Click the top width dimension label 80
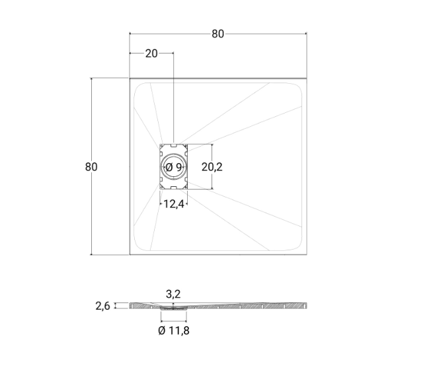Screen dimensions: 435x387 pos(217,34)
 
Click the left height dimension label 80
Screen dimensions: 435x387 pos(91,167)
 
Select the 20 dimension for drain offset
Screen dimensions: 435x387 pos(151,53)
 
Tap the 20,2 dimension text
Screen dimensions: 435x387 pos(212,167)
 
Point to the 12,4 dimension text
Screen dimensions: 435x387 pos(174,204)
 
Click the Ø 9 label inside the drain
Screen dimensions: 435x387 pos(174,167)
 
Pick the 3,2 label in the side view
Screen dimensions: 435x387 pos(173,294)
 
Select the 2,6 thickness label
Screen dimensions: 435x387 pos(102,306)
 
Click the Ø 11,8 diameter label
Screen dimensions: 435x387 pos(174,330)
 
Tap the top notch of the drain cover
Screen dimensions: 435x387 pos(174,145)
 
